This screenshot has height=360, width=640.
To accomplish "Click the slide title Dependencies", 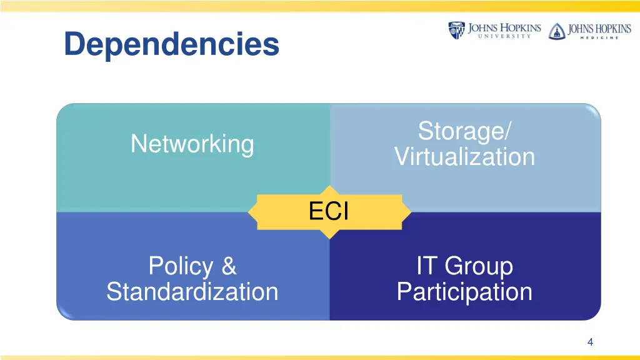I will click(x=171, y=44).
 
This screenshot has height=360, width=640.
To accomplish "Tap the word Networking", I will click(x=192, y=144).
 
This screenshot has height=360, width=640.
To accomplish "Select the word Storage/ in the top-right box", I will click(x=464, y=131).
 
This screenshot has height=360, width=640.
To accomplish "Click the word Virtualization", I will click(x=464, y=156).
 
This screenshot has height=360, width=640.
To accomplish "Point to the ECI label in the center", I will click(x=329, y=212).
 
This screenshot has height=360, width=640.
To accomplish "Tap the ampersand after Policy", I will click(x=229, y=266).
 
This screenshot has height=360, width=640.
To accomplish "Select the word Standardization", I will click(x=192, y=292).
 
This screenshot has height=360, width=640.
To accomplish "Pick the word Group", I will click(x=479, y=267).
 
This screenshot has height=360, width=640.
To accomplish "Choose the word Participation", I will click(x=464, y=292).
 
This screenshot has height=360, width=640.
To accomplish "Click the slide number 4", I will click(x=590, y=341).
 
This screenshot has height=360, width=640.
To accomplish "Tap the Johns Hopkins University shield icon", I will click(x=457, y=31).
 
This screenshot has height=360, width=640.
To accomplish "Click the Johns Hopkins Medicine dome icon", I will click(x=556, y=31).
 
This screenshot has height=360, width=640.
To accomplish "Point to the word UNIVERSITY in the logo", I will click(x=504, y=37).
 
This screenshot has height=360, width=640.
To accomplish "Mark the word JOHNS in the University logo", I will click(x=484, y=28).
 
